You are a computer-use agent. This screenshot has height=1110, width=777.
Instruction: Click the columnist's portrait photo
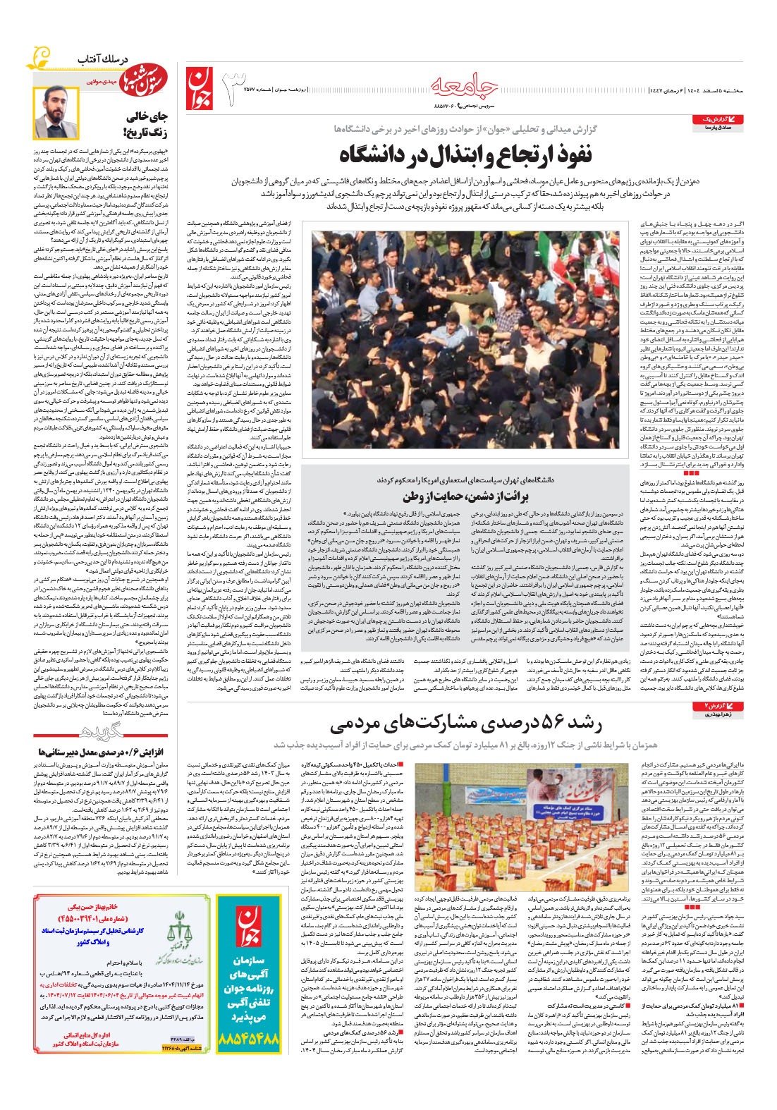pos(56,113)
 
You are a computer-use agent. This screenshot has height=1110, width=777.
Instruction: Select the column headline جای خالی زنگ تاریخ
pos(144,124)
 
